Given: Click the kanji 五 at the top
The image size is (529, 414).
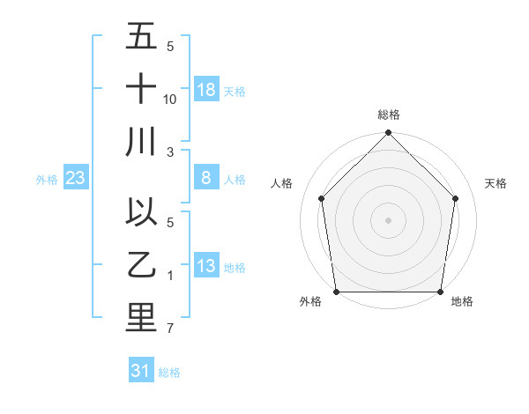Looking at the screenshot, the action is (141, 36).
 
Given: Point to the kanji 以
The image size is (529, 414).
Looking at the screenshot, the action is (141, 212).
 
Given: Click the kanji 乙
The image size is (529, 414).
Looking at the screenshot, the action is (141, 264).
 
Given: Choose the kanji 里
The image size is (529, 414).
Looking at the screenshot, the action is (141, 318).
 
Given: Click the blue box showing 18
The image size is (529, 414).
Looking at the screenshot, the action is (206, 90).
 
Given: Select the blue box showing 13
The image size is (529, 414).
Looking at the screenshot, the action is (206, 266).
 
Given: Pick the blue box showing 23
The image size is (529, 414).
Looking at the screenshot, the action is (75, 179).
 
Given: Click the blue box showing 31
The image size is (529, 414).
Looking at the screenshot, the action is (140, 371).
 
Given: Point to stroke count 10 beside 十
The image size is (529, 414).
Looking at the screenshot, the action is (170, 100).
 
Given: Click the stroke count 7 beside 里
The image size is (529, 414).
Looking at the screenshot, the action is (170, 329).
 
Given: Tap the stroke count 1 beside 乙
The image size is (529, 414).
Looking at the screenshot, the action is (170, 276).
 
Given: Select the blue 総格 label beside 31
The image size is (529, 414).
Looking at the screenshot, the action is (169, 373).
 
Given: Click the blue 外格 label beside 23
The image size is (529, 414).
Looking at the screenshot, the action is (47, 180).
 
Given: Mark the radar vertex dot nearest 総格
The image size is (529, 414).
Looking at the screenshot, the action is (388, 134).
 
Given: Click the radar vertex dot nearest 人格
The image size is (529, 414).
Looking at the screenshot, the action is (322, 198).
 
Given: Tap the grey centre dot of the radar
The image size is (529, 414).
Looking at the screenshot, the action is (388, 219).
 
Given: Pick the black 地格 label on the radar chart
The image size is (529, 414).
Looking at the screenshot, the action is (462, 302).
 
